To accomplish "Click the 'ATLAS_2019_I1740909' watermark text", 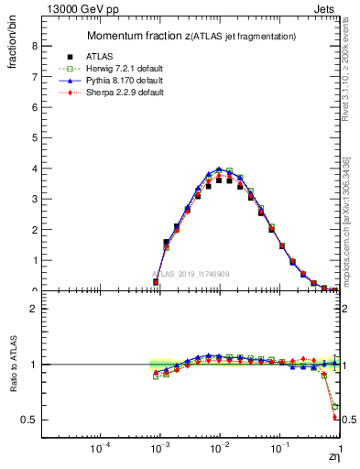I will (190, 275).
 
